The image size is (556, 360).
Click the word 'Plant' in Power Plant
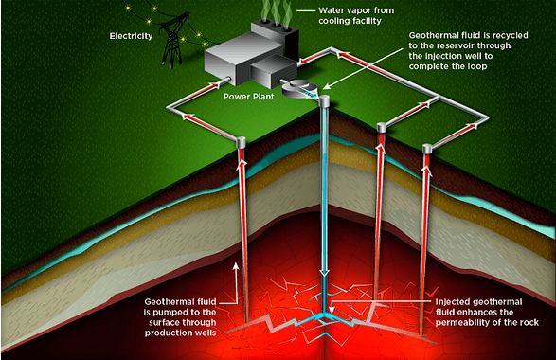[x=264, y=97]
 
